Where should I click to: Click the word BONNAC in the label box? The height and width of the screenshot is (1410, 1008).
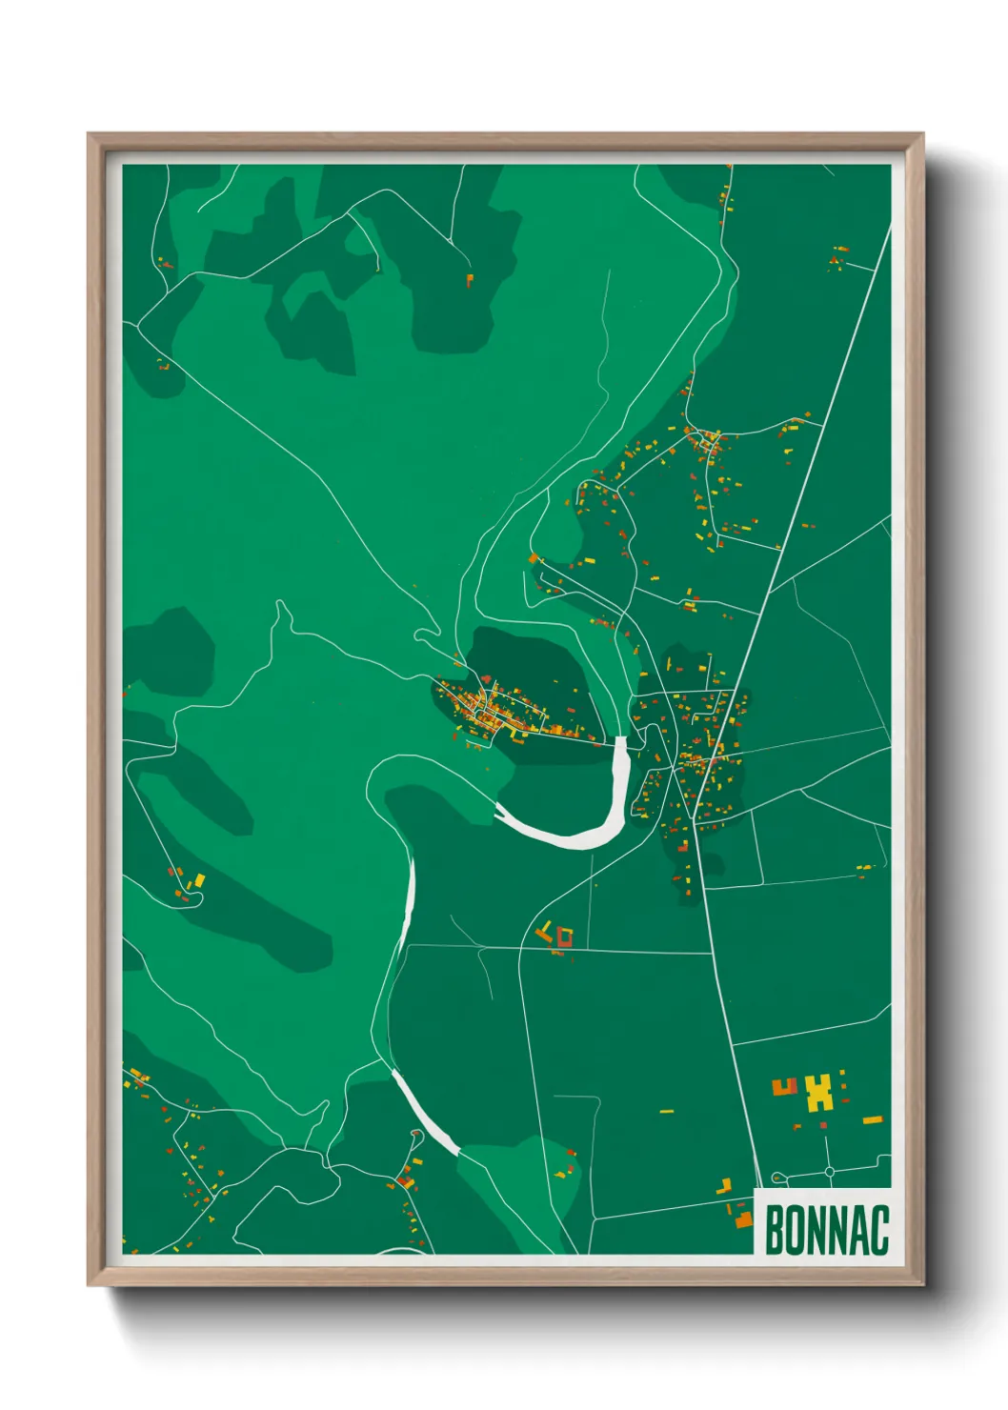[826, 1230]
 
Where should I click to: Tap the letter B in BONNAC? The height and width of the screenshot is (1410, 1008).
[774, 1230]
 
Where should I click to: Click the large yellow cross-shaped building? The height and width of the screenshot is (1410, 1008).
[818, 1093]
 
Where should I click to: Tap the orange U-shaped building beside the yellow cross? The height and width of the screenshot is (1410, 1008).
[784, 1087]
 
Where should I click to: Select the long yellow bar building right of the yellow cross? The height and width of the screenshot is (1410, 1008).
[872, 1119]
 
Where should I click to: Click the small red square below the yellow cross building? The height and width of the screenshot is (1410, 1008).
[823, 1125]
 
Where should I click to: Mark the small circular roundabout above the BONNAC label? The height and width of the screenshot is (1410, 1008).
[829, 1171]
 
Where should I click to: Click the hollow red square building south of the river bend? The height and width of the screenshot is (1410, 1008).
[564, 938]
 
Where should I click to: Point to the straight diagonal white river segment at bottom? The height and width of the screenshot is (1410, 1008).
[425, 1111]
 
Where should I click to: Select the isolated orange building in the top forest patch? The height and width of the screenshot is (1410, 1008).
[469, 280]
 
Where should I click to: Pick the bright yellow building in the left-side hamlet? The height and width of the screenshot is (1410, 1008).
[199, 881]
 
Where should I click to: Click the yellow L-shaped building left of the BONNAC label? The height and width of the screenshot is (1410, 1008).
[725, 1186]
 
